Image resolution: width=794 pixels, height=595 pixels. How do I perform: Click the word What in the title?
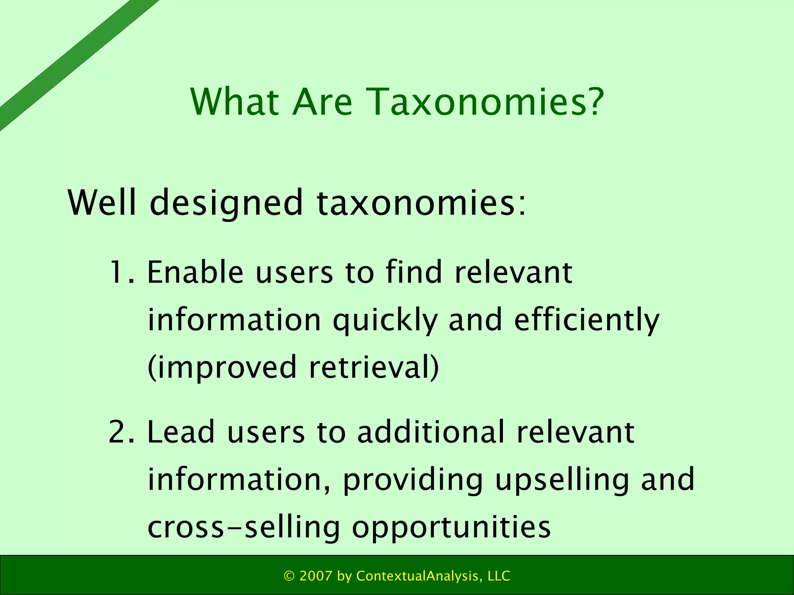[x=235, y=102]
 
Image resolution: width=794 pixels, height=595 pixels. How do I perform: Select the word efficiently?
[x=587, y=321]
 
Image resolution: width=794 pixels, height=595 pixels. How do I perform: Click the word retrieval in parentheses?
[x=374, y=367]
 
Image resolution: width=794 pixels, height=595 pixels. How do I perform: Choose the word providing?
[x=413, y=481]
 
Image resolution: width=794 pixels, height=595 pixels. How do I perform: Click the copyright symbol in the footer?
[x=289, y=576]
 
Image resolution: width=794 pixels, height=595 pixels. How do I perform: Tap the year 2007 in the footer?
[x=316, y=576]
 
